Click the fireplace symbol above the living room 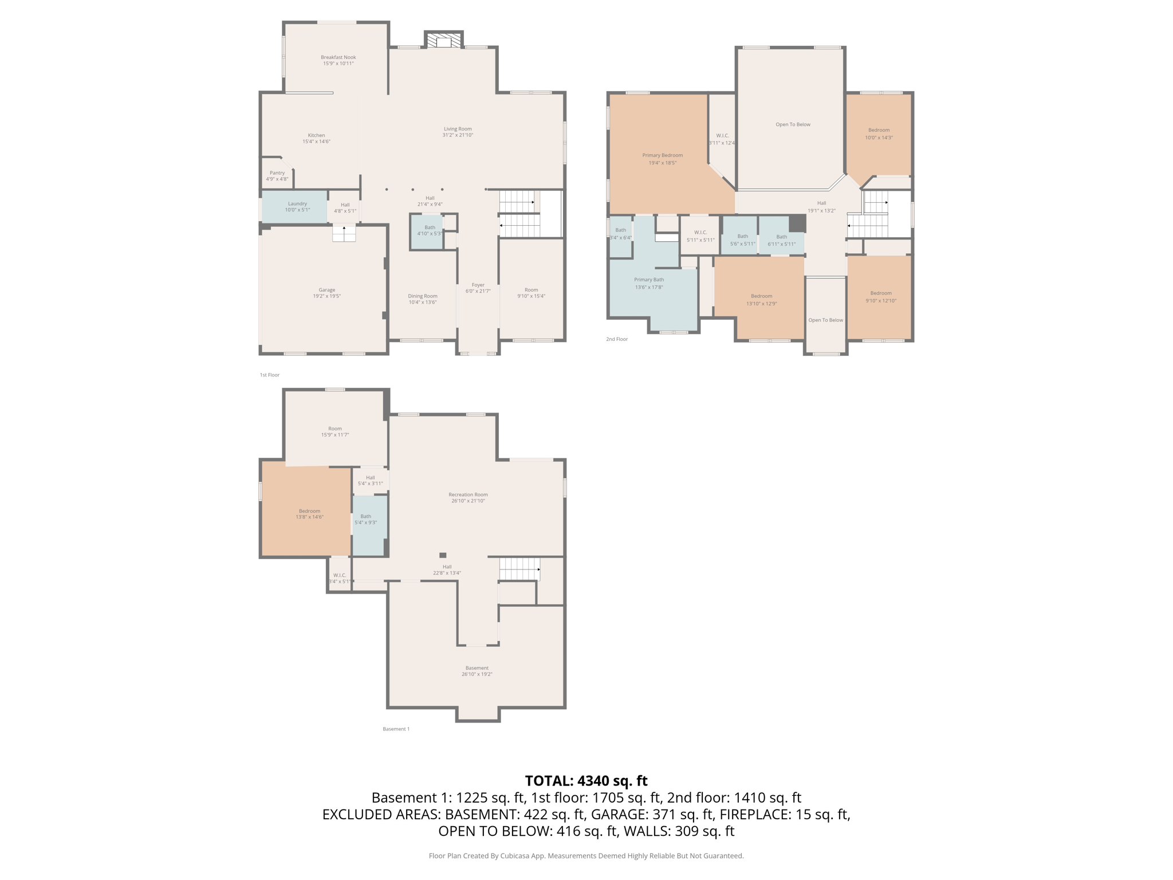(x=443, y=41)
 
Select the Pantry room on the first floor (x=277, y=176)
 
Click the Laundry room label (x=297, y=203)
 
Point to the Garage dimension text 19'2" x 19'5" (x=326, y=296)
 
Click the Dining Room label (x=423, y=296)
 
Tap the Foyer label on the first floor (x=478, y=285)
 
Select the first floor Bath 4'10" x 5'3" (x=429, y=230)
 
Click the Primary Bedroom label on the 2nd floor (x=662, y=155)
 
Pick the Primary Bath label (x=649, y=280)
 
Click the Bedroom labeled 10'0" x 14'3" (x=879, y=133)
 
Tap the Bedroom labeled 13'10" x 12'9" (x=761, y=300)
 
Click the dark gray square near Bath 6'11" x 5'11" (x=797, y=223)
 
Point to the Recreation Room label (x=468, y=494)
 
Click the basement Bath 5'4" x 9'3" (x=365, y=519)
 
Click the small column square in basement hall (x=443, y=555)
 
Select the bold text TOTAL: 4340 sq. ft (x=586, y=781)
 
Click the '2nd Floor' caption (x=617, y=339)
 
